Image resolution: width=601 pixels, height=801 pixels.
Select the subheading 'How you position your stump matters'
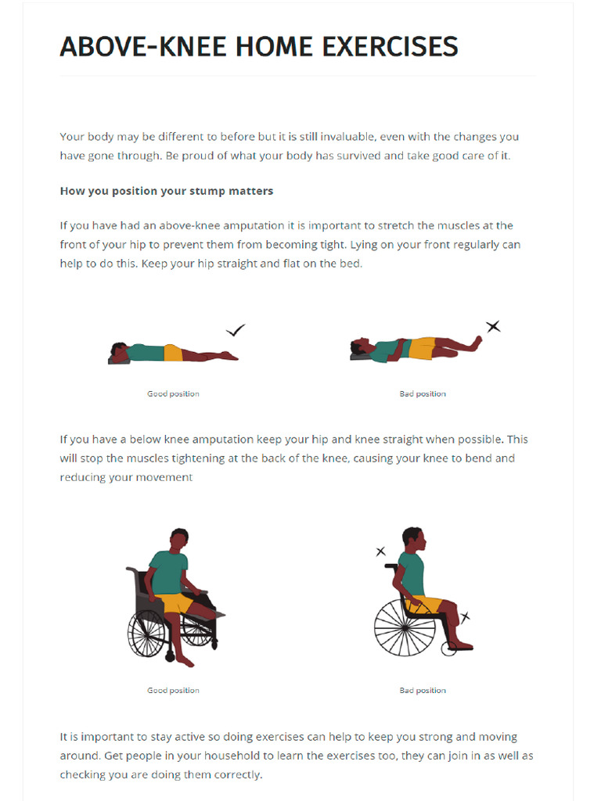[166, 191]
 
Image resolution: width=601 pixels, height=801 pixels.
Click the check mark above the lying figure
[235, 331]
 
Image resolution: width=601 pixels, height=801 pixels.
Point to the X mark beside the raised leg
[493, 326]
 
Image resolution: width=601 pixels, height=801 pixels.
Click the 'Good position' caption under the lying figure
[173, 393]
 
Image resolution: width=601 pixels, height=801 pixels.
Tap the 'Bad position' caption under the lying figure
[423, 393]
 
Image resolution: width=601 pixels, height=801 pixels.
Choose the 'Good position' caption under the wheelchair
[173, 691]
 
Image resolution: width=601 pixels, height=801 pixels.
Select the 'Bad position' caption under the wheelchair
[423, 691]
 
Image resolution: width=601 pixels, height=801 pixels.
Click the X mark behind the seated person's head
[381, 551]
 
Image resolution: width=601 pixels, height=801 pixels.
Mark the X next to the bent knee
[466, 618]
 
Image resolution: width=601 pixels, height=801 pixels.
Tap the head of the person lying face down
[119, 349]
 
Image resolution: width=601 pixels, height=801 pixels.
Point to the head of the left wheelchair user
[179, 539]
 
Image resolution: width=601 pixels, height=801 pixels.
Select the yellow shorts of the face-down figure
[173, 354]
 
